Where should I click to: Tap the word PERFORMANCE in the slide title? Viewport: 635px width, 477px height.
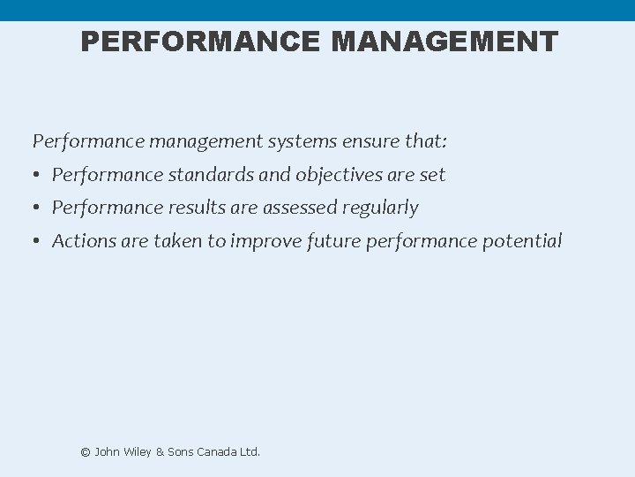(x=200, y=42)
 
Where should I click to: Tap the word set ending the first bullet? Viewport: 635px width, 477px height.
(x=432, y=175)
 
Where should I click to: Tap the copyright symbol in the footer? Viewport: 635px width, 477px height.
(x=86, y=452)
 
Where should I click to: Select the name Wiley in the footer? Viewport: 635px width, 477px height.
(x=136, y=451)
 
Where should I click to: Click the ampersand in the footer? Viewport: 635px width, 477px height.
(x=160, y=451)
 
